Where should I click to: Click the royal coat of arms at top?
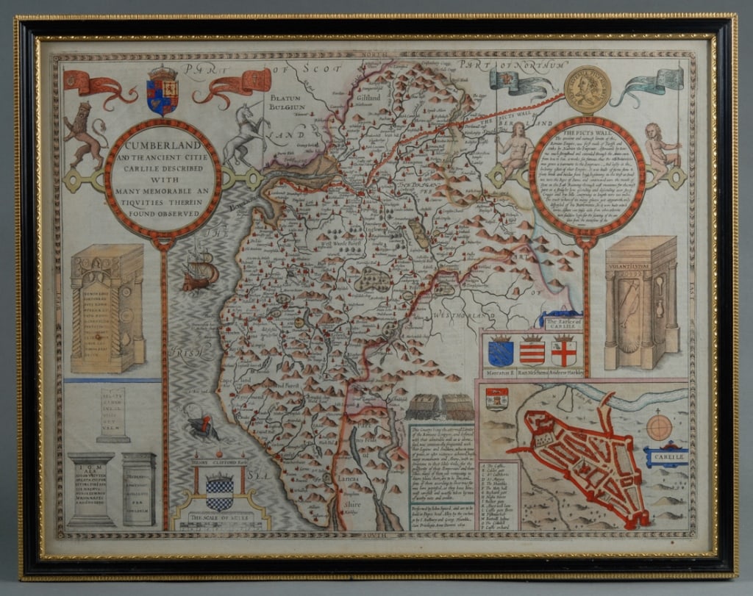pyautogui.click(x=163, y=90)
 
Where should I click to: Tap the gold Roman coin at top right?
pyautogui.click(x=587, y=89)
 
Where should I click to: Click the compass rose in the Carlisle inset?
pyautogui.click(x=659, y=426)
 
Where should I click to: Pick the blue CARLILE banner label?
pyautogui.click(x=666, y=458)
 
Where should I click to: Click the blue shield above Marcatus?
pyautogui.click(x=501, y=351)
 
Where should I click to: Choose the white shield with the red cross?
pyautogui.click(x=564, y=351)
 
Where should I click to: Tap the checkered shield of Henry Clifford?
pyautogui.click(x=218, y=490)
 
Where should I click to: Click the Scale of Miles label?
pyautogui.click(x=218, y=517)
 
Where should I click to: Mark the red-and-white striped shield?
pyautogui.click(x=532, y=351)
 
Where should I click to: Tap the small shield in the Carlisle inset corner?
pyautogui.click(x=497, y=398)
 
